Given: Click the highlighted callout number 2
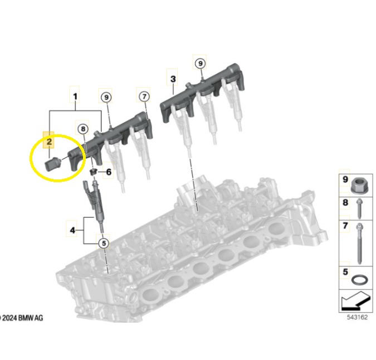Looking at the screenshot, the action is [49, 142].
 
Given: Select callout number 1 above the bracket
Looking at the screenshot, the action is [75, 96].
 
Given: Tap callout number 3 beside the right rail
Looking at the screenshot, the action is [173, 79].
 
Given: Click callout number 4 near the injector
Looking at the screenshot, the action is [72, 231].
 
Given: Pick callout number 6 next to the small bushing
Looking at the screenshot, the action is [109, 172].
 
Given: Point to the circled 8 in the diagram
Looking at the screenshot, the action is [83, 129].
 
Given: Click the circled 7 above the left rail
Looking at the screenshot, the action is [144, 96].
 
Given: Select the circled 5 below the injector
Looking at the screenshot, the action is [104, 243].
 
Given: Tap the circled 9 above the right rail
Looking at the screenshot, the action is [201, 64].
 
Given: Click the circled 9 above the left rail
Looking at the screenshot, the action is [106, 98].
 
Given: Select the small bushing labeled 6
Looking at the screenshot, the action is [92, 172].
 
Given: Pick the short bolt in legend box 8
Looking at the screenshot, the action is [359, 208].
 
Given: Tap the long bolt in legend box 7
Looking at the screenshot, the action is [360, 244].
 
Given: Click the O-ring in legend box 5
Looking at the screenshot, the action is [360, 280].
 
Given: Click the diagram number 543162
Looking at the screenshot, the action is [357, 317].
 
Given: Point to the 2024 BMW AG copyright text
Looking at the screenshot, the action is [22, 318].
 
